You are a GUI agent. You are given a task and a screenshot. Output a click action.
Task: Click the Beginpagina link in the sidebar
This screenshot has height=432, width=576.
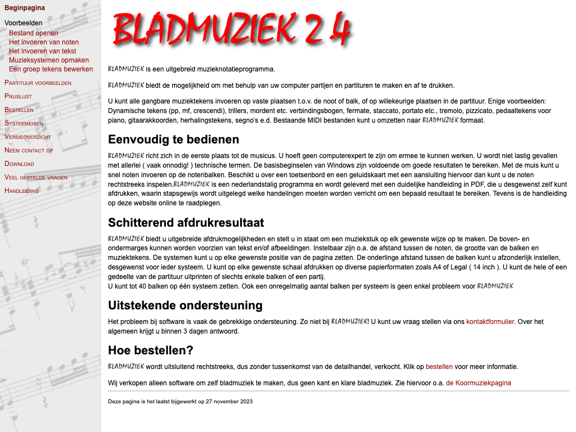pos(25,8)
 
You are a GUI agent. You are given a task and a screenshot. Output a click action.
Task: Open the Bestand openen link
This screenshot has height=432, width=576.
pos(33,33)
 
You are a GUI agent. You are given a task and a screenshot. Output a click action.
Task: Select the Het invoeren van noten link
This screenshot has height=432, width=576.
pos(44,42)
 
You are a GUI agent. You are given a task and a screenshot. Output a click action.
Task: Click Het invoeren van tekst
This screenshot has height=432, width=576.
pos(42,51)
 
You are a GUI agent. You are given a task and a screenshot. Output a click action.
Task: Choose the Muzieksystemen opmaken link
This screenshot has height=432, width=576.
pos(49,60)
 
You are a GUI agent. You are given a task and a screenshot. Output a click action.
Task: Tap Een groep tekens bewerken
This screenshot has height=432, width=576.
pos(51,69)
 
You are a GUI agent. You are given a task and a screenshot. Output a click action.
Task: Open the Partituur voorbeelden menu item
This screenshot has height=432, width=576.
pos(38,83)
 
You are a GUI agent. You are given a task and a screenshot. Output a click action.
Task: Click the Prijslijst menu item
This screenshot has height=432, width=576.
pos(18,96)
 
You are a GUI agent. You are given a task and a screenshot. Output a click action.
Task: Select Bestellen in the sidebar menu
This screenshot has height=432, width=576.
pos(19,110)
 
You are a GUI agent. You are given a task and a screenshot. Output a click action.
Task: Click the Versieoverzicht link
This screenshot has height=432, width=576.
pos(28,137)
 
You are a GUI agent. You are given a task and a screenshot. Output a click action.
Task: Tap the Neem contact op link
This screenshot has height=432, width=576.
pos(29,150)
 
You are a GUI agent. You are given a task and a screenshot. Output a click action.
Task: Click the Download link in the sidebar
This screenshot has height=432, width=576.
pos(19,164)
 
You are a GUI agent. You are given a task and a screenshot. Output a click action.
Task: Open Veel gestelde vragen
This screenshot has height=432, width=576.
pos(36,177)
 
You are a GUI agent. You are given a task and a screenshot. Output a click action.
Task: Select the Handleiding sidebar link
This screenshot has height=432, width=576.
pos(21,191)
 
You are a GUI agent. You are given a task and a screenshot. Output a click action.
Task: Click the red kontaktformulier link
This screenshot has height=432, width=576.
pos(490,322)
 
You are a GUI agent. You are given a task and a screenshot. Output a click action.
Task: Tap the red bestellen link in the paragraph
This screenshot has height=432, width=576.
pos(439,367)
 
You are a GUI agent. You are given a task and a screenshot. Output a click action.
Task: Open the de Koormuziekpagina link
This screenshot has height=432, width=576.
pos(479,383)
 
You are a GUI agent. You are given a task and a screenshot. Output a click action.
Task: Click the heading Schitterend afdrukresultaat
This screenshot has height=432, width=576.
pos(186,222)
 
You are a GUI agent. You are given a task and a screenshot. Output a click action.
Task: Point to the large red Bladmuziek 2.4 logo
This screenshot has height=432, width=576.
pos(232,28)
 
